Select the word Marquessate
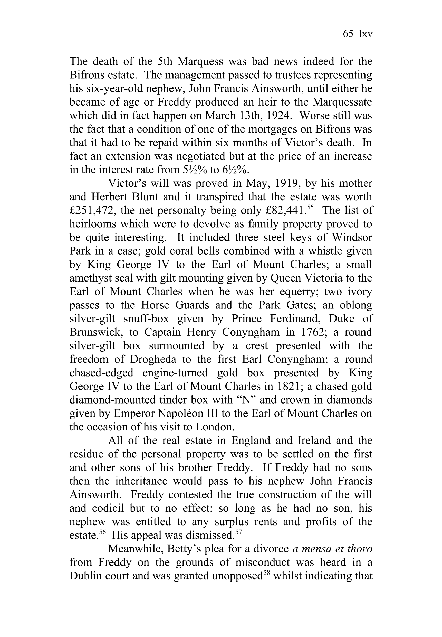click(342, 102)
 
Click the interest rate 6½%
click(236, 170)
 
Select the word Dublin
click(85, 576)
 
